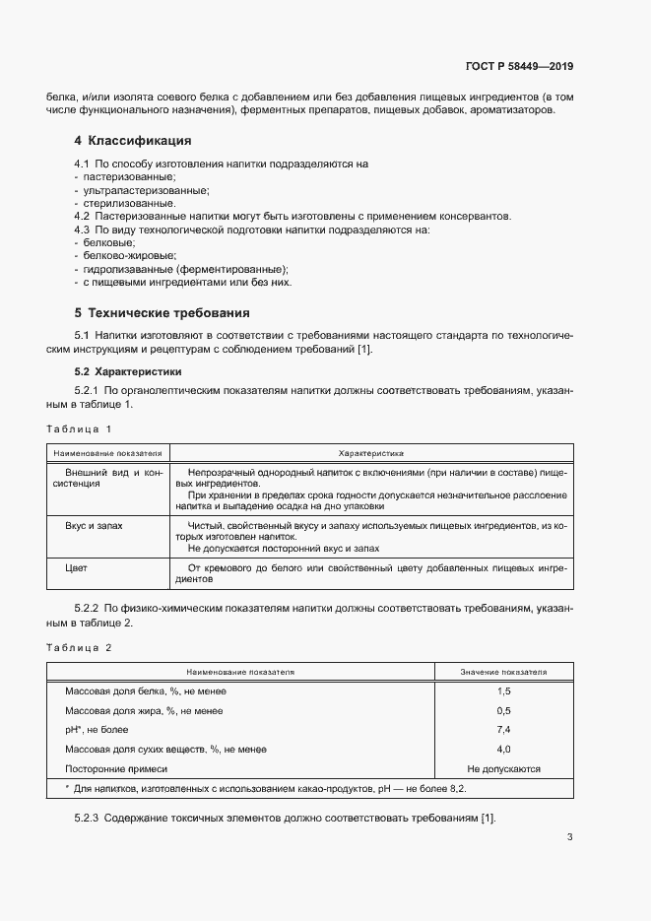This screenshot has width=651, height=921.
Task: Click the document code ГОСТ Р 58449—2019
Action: click(519, 67)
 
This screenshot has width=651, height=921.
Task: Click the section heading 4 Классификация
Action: click(132, 141)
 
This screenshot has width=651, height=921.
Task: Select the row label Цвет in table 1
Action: click(77, 568)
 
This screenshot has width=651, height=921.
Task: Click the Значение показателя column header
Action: click(503, 672)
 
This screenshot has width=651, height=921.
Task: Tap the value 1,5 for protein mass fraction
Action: click(503, 692)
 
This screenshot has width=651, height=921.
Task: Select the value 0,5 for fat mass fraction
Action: click(503, 711)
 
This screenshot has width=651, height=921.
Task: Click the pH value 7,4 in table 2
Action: click(503, 730)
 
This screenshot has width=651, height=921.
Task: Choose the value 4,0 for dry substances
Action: click(503, 750)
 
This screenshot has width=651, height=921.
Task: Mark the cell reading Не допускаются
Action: click(503, 768)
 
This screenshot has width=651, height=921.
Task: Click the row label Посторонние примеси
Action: click(116, 768)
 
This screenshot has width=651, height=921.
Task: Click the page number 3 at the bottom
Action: click(569, 838)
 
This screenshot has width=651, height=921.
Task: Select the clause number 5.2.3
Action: click(88, 820)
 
